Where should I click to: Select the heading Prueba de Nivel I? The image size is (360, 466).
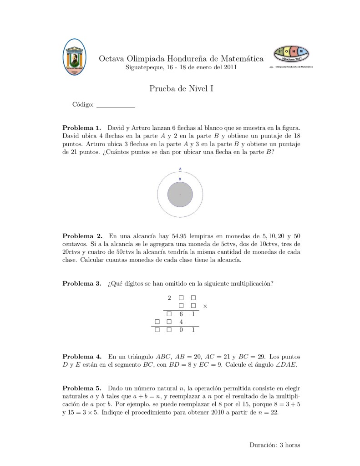click(181, 89)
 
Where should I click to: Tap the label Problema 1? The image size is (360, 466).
click(81, 128)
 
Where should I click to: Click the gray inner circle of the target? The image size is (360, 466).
click(180, 195)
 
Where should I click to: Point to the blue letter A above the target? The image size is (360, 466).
click(180, 169)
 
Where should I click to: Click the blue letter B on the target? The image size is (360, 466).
click(180, 179)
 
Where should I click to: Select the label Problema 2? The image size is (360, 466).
click(81, 236)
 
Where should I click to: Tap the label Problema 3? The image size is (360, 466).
click(81, 283)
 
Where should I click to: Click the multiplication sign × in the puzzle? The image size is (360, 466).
click(205, 306)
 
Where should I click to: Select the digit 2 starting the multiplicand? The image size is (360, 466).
click(169, 298)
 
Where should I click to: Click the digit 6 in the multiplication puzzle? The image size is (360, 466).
click(181, 314)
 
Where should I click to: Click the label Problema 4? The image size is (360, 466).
click(81, 356)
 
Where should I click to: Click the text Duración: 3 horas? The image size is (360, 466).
click(275, 445)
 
